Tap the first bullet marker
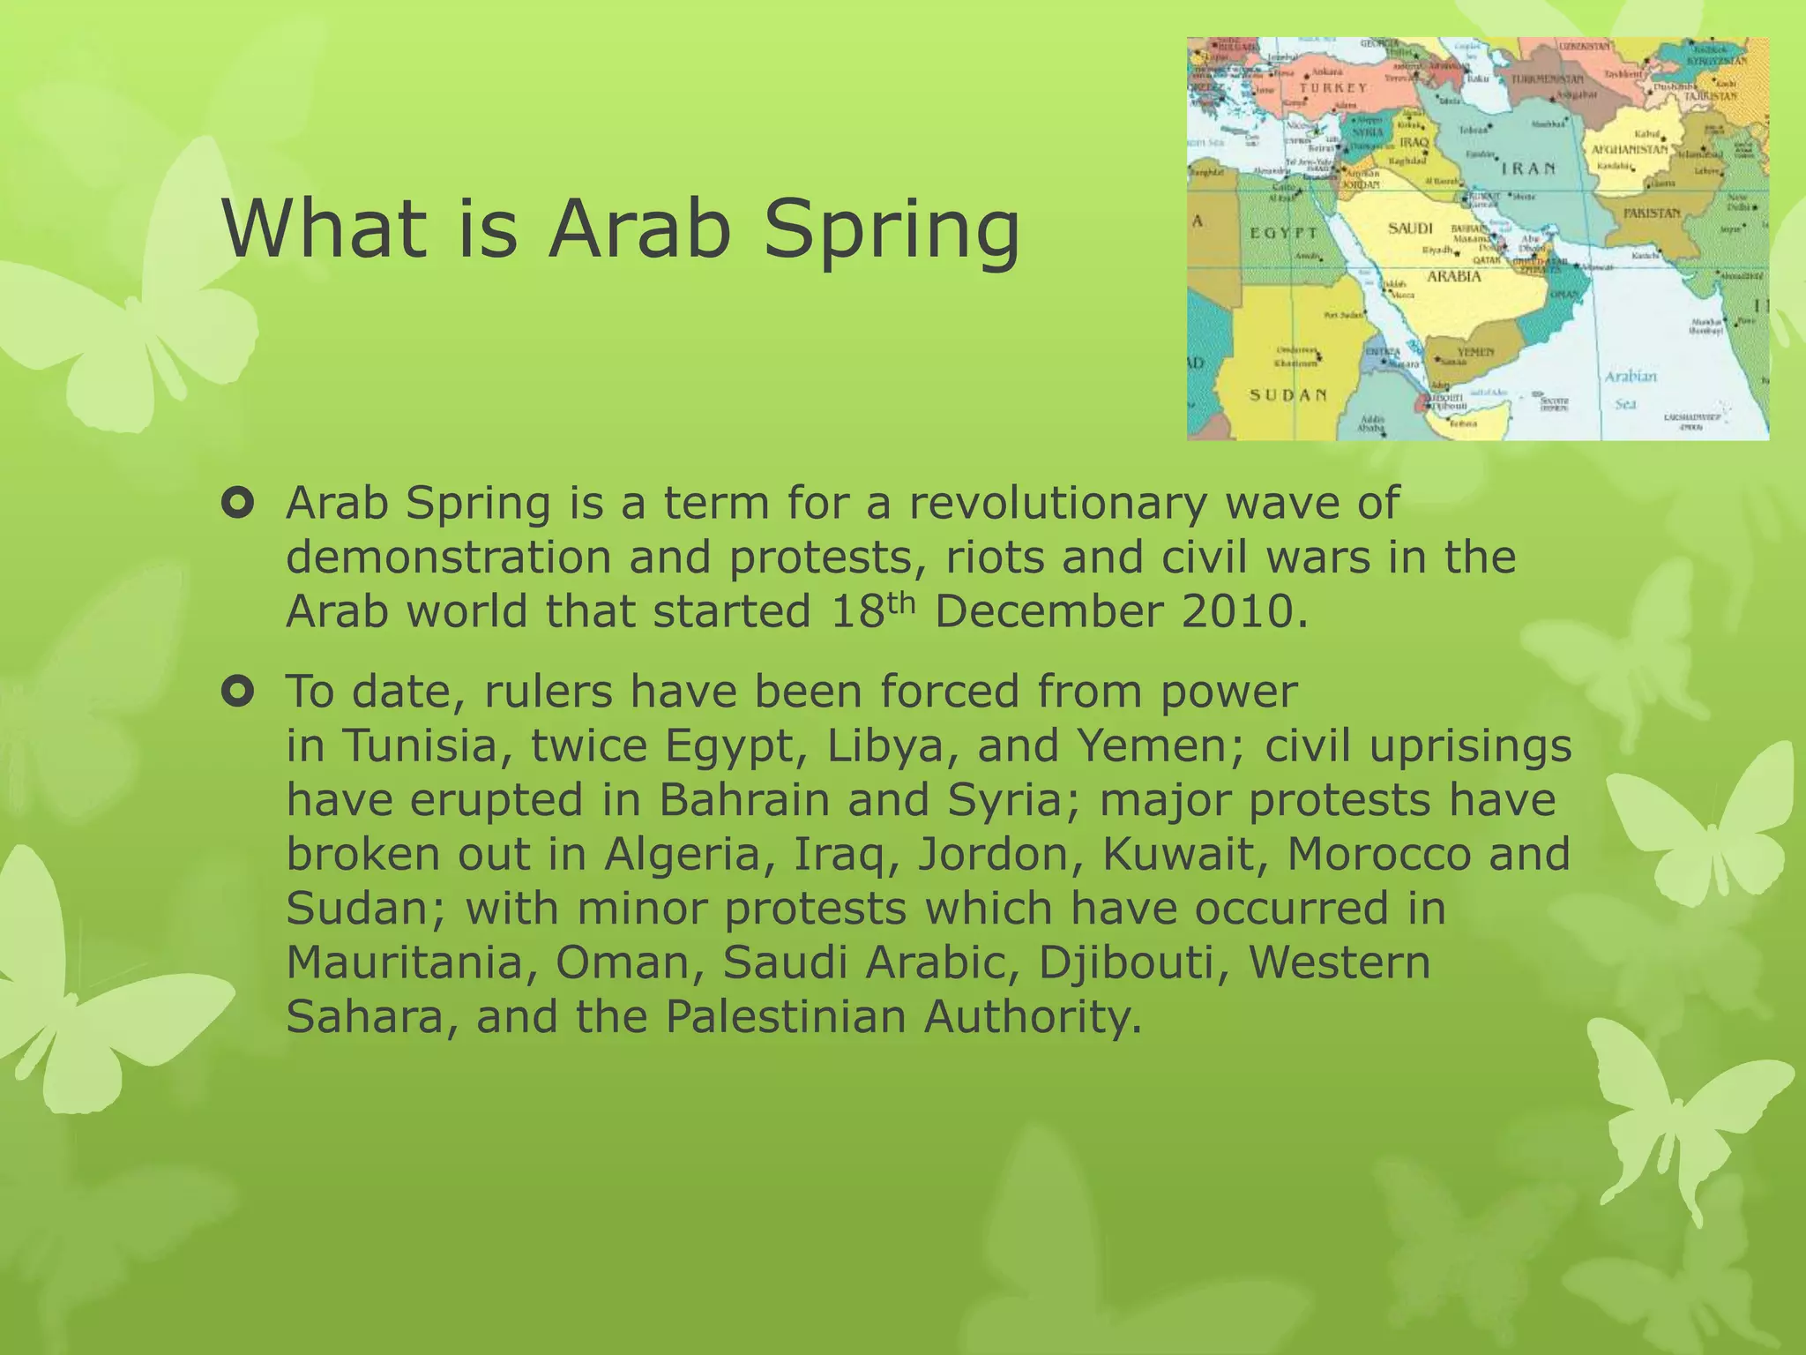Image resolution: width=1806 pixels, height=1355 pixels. (x=238, y=505)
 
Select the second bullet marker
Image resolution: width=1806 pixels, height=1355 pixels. (x=238, y=692)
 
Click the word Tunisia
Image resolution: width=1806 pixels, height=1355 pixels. (x=422, y=746)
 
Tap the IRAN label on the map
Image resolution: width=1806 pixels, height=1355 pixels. (x=1528, y=168)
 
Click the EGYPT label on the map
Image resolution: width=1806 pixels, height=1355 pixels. (x=1283, y=233)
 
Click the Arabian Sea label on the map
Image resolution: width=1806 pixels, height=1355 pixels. (x=1630, y=389)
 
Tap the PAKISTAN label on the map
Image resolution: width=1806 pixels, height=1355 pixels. (x=1652, y=213)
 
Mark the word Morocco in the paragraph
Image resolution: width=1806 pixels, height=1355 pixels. (x=1379, y=855)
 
